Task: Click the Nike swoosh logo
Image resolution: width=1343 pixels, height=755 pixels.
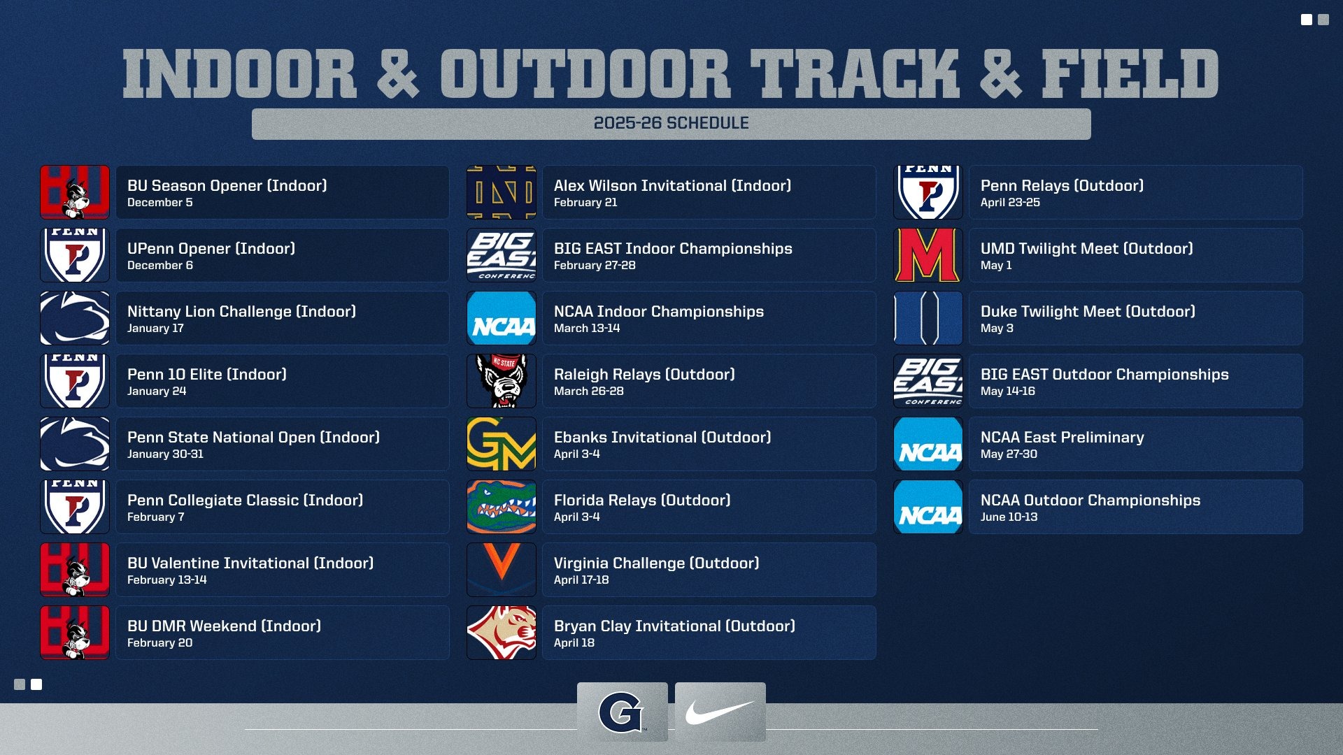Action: click(720, 712)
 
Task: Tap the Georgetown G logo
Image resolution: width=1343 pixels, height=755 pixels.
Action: click(621, 712)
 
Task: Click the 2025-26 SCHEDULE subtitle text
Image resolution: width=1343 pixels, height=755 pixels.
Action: click(671, 124)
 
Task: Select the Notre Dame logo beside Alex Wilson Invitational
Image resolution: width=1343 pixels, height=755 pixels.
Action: click(502, 192)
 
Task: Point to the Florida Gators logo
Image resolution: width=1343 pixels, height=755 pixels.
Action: click(502, 507)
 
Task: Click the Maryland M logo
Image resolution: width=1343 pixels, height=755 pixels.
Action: click(928, 255)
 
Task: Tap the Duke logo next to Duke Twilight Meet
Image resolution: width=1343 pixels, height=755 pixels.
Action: click(928, 318)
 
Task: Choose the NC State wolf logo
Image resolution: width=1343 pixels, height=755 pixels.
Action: click(502, 381)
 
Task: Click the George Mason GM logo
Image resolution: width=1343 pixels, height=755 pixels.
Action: click(502, 444)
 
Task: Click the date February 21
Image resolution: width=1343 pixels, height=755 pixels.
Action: click(585, 203)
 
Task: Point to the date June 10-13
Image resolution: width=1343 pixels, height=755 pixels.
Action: click(1009, 517)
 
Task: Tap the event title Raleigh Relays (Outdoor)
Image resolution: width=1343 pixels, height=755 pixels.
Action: click(644, 375)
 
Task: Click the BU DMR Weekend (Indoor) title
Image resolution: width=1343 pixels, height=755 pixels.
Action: click(224, 626)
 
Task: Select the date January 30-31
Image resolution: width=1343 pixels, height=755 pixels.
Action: click(165, 454)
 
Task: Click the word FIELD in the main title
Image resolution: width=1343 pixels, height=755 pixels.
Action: click(1130, 74)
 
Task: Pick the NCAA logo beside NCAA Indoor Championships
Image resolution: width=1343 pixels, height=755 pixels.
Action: click(502, 318)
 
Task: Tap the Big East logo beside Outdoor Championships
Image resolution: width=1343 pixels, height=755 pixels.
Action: click(928, 381)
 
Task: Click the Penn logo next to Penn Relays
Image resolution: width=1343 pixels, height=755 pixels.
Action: click(928, 192)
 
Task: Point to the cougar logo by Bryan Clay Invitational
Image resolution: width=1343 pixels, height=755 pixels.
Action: click(502, 633)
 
